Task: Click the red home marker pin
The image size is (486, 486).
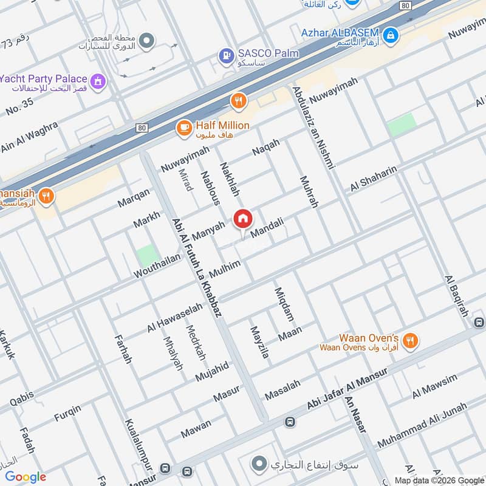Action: tap(243, 219)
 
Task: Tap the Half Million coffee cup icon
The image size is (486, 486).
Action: tap(183, 128)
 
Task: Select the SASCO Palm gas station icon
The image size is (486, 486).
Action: tap(227, 56)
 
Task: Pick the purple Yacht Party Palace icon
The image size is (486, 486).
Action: tap(97, 81)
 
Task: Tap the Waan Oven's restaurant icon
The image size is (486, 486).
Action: tap(411, 341)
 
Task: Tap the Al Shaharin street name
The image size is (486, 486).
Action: tap(373, 179)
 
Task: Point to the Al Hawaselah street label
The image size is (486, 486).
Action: tap(175, 318)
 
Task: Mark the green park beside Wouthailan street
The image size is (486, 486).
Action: tap(146, 255)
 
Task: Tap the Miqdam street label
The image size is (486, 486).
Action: tap(284, 304)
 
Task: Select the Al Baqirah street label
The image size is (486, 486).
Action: tap(457, 296)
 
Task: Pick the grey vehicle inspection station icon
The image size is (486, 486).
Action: tap(146, 41)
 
